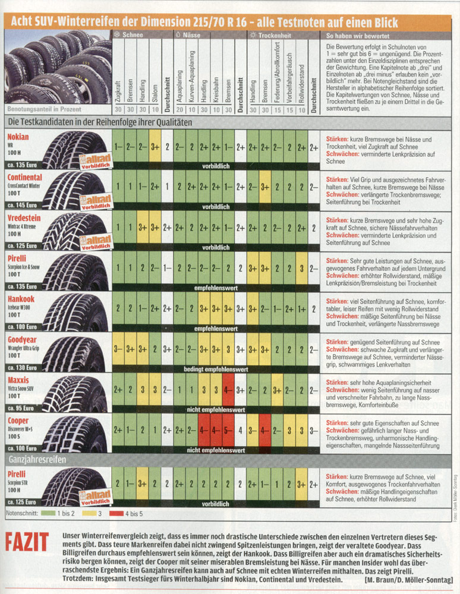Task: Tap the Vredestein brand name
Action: [x=24, y=218]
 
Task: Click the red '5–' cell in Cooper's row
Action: [x=228, y=429]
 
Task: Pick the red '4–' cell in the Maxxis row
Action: [x=228, y=390]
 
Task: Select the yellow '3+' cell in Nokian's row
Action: [x=155, y=146]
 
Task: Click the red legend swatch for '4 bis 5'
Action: [x=112, y=511]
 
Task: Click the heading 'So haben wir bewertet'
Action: [x=354, y=35]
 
